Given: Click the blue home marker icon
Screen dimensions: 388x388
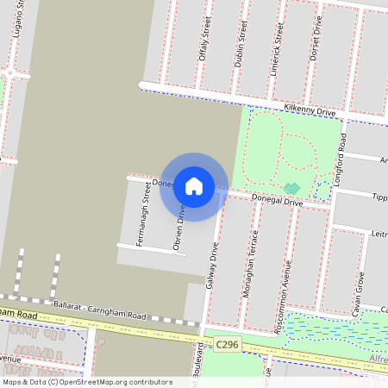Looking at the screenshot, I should click(194, 185).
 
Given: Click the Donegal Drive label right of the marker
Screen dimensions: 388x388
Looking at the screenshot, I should click(277, 200).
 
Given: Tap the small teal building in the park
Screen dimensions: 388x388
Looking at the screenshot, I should click(291, 188).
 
